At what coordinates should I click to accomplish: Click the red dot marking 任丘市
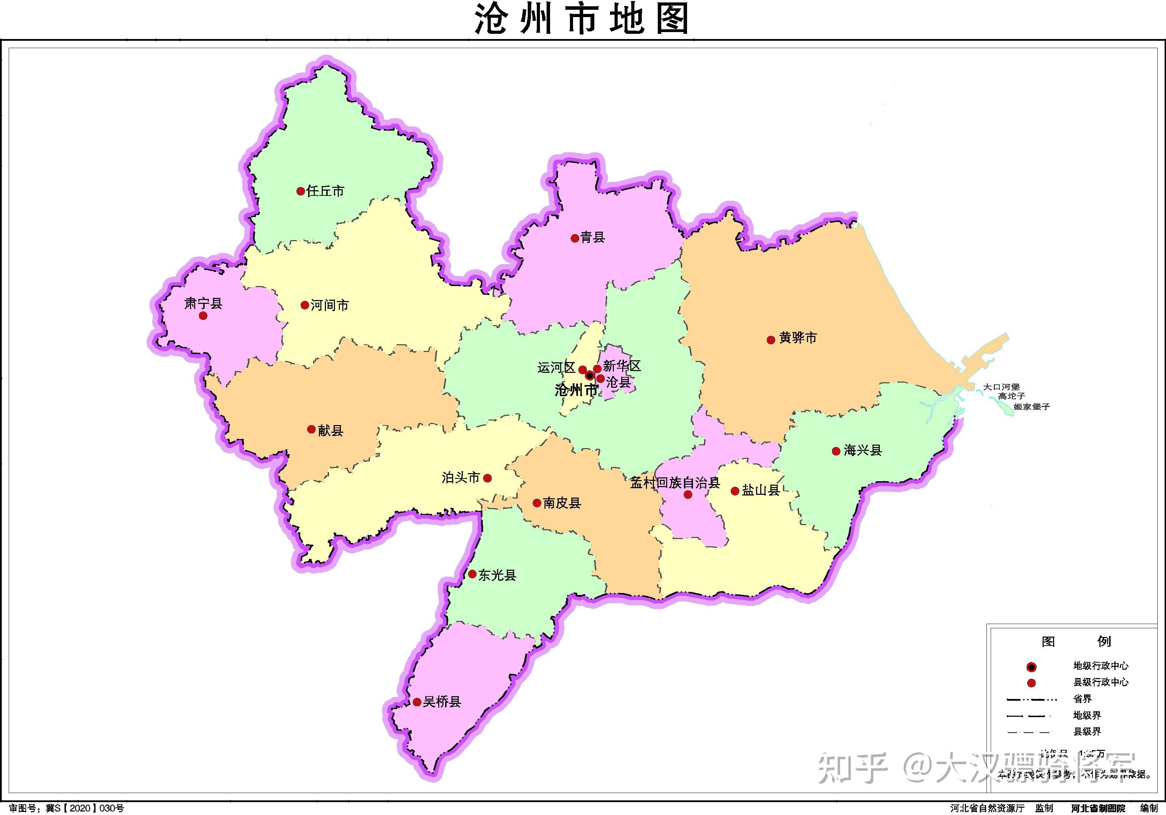pos(300,191)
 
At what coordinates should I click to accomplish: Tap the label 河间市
pos(330,305)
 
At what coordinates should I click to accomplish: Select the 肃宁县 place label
pos(203,303)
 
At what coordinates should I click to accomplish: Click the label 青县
pos(593,237)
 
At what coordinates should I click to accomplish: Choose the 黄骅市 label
pos(798,338)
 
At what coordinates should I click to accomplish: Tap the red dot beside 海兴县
pos(836,451)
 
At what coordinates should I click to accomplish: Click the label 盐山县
pos(761,490)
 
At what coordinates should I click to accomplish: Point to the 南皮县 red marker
pos(537,503)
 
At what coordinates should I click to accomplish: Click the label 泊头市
pos(460,477)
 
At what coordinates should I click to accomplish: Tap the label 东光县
pos(497,575)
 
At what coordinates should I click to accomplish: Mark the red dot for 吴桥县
pos(417,702)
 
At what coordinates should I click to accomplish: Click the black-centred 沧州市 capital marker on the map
pos(589,376)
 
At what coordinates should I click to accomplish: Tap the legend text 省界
pos(1082,699)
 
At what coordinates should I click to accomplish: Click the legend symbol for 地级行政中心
pos(1031,667)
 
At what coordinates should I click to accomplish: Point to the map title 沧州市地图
pos(582,19)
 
